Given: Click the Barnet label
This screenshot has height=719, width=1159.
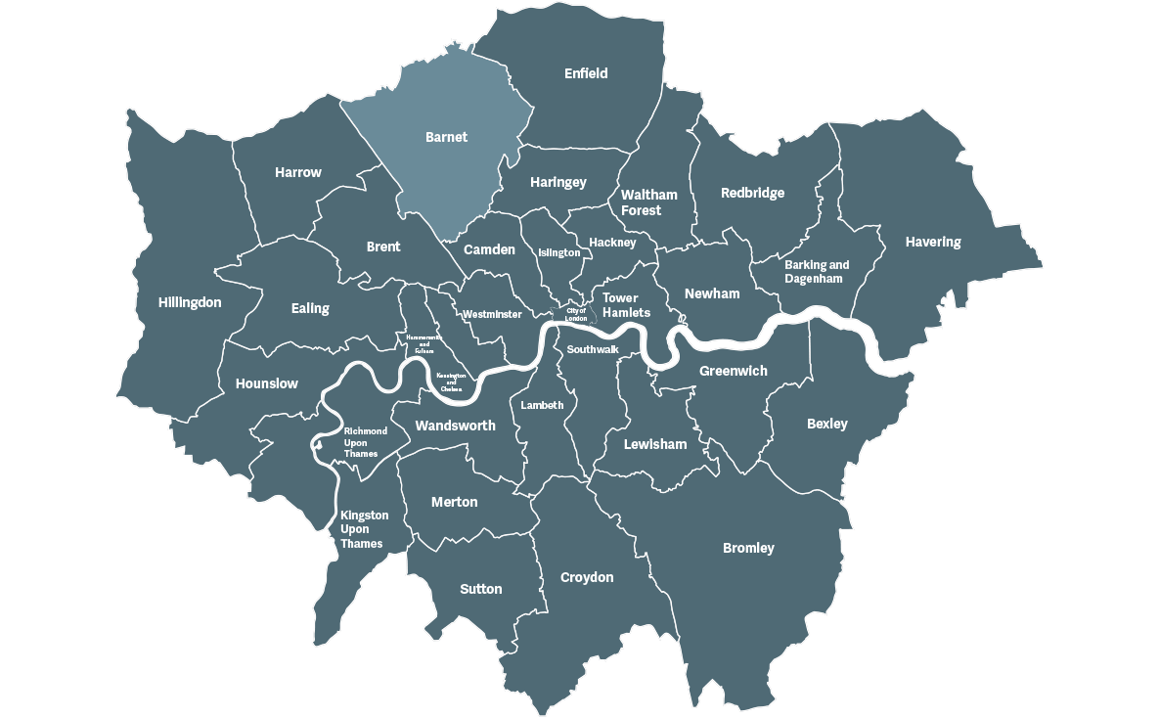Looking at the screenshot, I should [446, 138].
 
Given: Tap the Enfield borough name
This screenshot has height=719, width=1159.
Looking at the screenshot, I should [586, 73].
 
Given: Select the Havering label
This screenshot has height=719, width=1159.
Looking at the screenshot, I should [932, 242].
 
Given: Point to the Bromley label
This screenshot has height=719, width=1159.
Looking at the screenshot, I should [748, 548].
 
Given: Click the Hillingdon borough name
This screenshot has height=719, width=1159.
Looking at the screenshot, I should [190, 302].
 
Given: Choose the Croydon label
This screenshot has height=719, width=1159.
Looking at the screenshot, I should [587, 577].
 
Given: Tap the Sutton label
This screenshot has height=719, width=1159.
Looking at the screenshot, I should [480, 589].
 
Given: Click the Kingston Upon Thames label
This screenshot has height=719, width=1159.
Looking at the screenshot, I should [364, 529].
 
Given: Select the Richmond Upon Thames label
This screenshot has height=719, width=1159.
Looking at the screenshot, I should [365, 442].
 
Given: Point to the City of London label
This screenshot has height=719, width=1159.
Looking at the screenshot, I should [575, 315].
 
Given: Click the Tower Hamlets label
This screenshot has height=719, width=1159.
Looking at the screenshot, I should [626, 305].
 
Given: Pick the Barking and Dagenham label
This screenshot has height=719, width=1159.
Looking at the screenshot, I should [817, 271].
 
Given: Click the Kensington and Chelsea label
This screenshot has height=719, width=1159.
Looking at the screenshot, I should [451, 382].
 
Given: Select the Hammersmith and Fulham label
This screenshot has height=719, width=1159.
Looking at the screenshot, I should [423, 343].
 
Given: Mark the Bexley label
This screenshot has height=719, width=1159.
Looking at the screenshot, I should [826, 424].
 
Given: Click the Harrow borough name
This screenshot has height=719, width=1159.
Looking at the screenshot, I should [297, 172].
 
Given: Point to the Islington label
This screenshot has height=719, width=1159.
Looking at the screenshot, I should [559, 252].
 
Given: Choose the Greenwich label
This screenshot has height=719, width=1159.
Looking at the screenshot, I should [734, 371].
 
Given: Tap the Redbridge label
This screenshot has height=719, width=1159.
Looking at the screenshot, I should [752, 193].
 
